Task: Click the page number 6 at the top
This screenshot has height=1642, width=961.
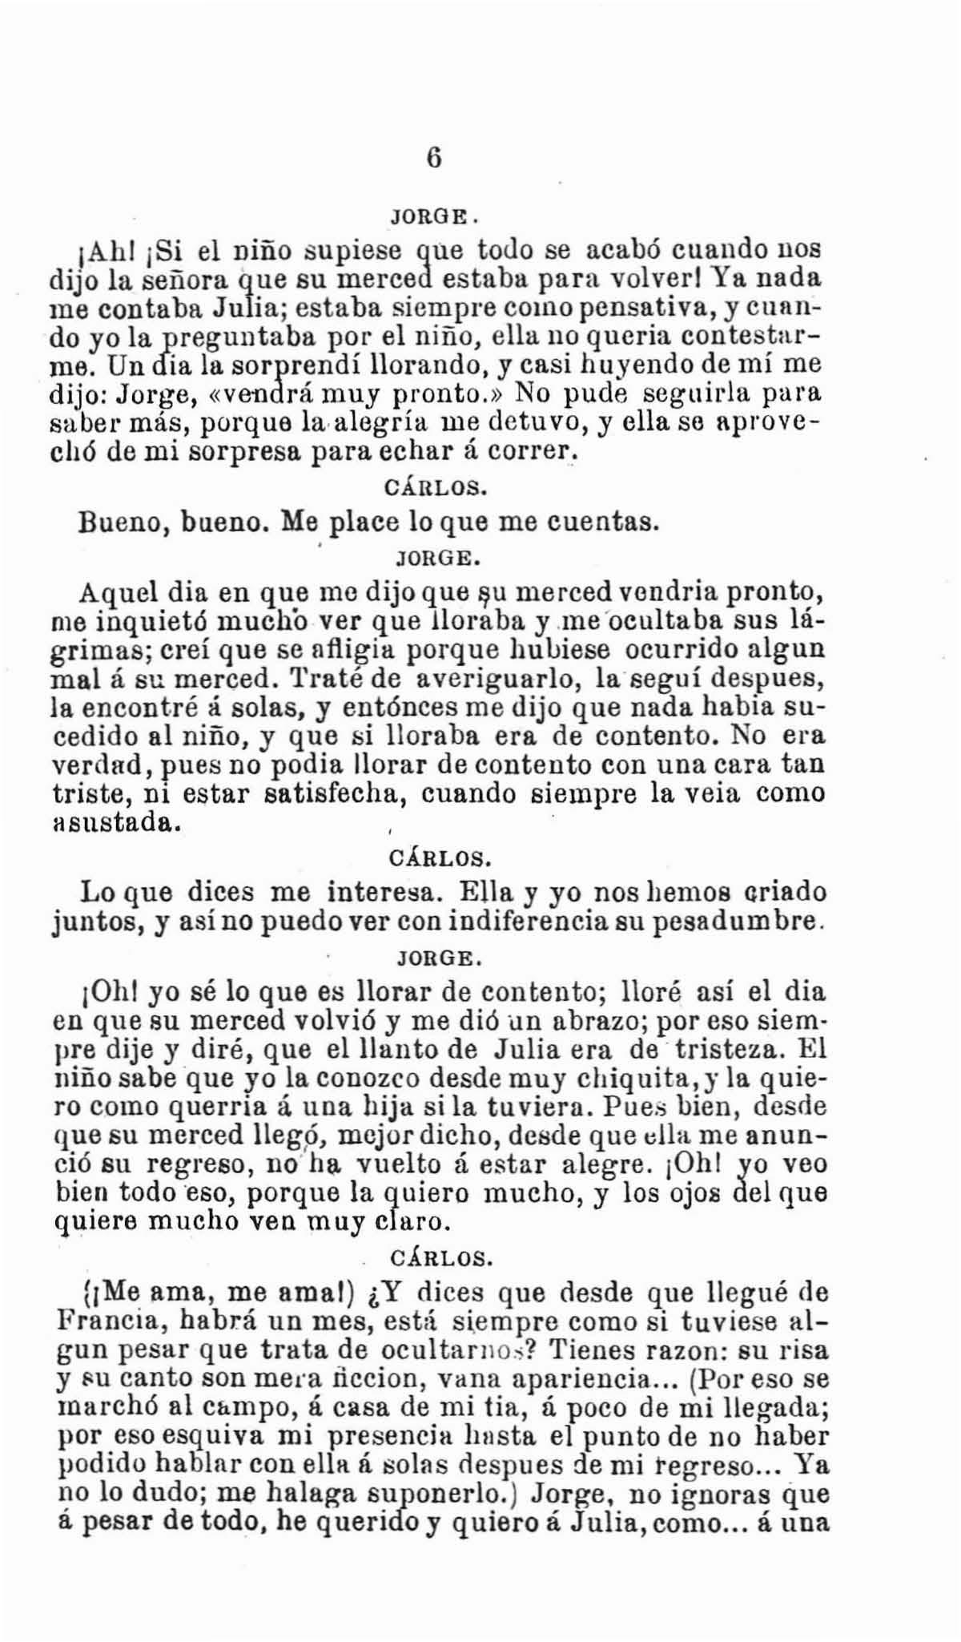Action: coord(433,157)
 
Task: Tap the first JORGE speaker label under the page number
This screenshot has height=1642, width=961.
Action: coord(432,217)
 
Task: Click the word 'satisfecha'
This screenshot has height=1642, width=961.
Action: coord(337,794)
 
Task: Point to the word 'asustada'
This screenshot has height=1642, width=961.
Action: coord(111,823)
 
